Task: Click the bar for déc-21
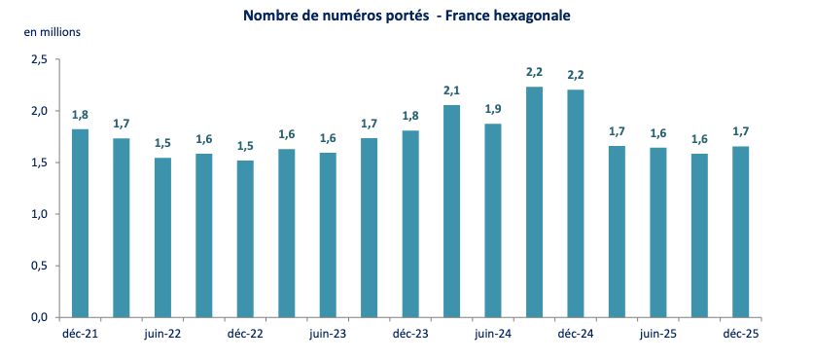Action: click(80, 223)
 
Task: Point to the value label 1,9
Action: click(493, 109)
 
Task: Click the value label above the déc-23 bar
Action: click(410, 116)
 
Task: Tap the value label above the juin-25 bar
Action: click(658, 133)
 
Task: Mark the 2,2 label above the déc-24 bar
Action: click(576, 75)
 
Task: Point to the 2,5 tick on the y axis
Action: click(39, 59)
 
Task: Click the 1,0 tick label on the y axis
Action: click(39, 214)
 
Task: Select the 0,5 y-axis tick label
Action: click(39, 266)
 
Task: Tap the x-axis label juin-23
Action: click(328, 333)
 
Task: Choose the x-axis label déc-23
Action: click(410, 333)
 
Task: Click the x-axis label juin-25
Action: click(658, 333)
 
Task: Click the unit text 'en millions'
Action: click(53, 31)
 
